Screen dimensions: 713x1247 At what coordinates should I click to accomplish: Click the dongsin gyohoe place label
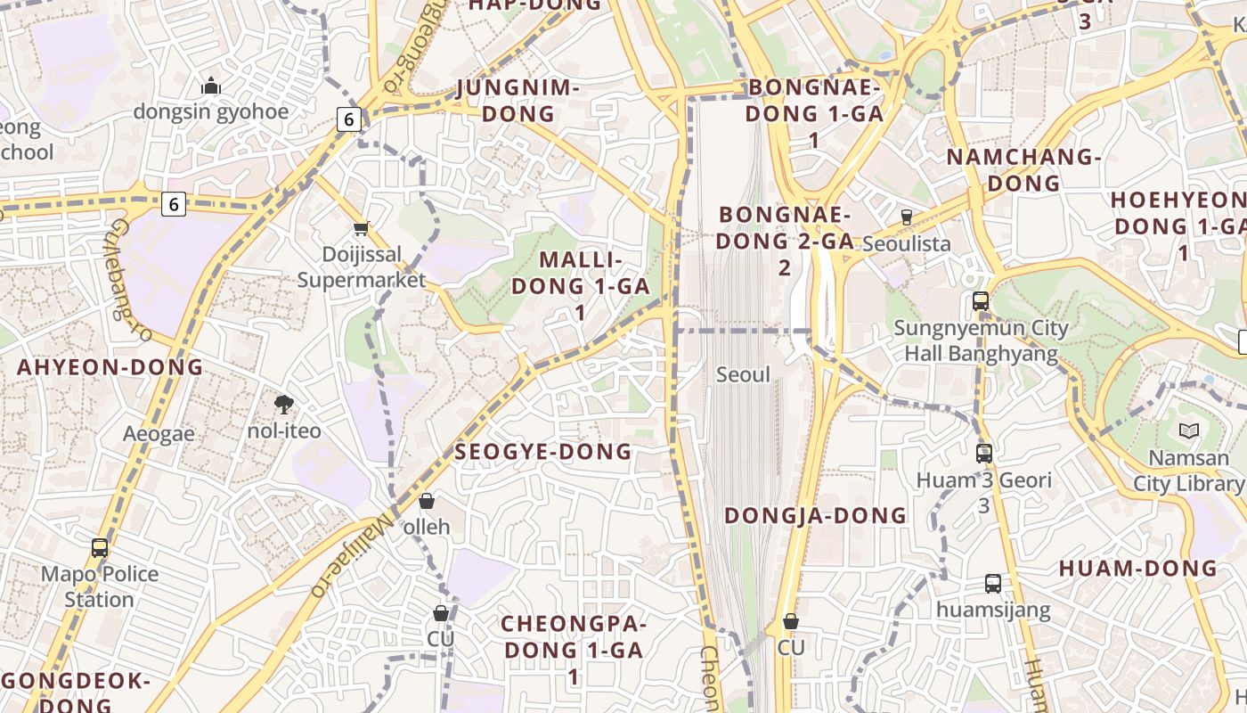click(211, 111)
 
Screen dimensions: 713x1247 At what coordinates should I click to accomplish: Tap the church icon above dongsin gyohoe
click(211, 86)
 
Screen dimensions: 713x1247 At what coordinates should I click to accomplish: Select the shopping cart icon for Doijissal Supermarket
click(361, 229)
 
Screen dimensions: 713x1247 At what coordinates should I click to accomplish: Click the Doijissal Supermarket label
click(362, 267)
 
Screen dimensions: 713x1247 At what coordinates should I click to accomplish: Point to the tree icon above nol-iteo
click(284, 406)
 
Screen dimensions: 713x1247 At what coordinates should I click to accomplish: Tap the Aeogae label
click(159, 434)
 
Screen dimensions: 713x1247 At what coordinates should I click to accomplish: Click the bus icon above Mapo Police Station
click(100, 548)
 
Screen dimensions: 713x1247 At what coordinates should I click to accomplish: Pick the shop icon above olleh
click(427, 501)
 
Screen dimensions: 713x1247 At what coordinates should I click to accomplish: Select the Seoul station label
click(743, 374)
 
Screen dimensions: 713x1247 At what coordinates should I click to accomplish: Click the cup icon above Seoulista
click(907, 217)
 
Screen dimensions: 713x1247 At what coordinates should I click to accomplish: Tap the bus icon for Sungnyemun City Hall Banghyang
click(981, 301)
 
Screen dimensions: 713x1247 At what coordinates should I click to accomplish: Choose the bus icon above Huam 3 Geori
click(984, 454)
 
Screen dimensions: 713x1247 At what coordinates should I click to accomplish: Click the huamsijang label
click(993, 611)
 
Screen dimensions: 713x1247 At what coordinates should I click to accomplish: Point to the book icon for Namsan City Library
click(1188, 431)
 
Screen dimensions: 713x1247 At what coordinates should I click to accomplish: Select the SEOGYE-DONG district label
click(543, 452)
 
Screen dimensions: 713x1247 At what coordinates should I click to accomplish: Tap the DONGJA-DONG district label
click(815, 515)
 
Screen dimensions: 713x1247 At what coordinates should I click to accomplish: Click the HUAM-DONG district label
click(1137, 568)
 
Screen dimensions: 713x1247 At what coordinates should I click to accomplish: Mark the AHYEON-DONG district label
click(110, 367)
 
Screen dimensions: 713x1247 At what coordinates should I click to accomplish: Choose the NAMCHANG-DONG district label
click(1024, 170)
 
